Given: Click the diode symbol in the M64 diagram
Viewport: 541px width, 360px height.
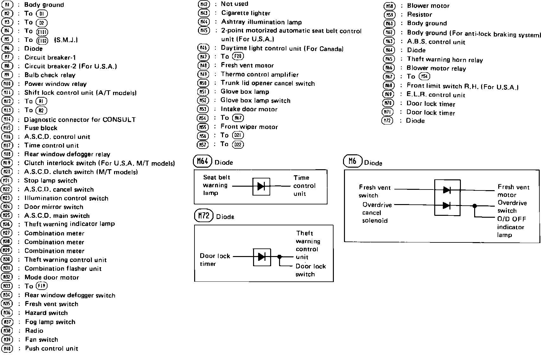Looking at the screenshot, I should pos(261,186).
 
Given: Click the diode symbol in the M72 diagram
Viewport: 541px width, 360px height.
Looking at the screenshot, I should pos(262,257).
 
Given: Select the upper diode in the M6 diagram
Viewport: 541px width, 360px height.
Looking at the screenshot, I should pos(447,190).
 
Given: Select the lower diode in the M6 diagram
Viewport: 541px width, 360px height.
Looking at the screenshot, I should pos(447,205).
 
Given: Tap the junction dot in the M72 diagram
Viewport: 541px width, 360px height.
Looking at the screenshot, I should pos(279,257).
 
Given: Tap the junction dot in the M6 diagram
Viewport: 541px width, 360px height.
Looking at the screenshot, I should pos(474,206).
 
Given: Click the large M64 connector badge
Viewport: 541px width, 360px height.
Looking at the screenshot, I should pos(202,161).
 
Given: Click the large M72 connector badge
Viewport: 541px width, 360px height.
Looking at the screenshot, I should pos(204,216).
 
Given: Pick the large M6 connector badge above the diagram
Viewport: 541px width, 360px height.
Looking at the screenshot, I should pos(353,161).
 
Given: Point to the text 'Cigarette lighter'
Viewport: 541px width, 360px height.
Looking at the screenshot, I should pos(246,13).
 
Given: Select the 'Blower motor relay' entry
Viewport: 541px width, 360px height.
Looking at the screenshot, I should pos(436,68).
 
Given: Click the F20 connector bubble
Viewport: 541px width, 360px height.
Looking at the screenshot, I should pos(238,56).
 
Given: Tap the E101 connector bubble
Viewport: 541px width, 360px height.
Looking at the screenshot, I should pos(42,31).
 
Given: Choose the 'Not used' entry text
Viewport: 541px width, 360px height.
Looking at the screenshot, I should pos(234,4).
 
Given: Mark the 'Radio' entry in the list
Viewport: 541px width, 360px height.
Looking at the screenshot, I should pos(34,331).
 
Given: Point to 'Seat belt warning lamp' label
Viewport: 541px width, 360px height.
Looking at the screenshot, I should pos(216,185).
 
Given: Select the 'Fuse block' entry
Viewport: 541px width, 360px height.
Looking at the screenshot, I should pos(41,128).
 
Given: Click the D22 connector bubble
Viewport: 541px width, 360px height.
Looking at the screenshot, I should pos(238,145).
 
